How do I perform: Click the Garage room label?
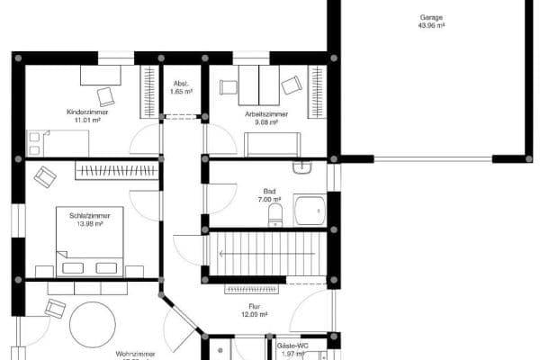tap(431, 17)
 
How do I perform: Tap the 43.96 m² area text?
tap(431, 26)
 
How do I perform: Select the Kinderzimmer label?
tap(85, 112)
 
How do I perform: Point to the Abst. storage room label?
tap(179, 84)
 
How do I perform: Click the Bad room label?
tap(269, 191)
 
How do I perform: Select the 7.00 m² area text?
tap(269, 200)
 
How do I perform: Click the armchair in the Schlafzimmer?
tap(46, 175)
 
